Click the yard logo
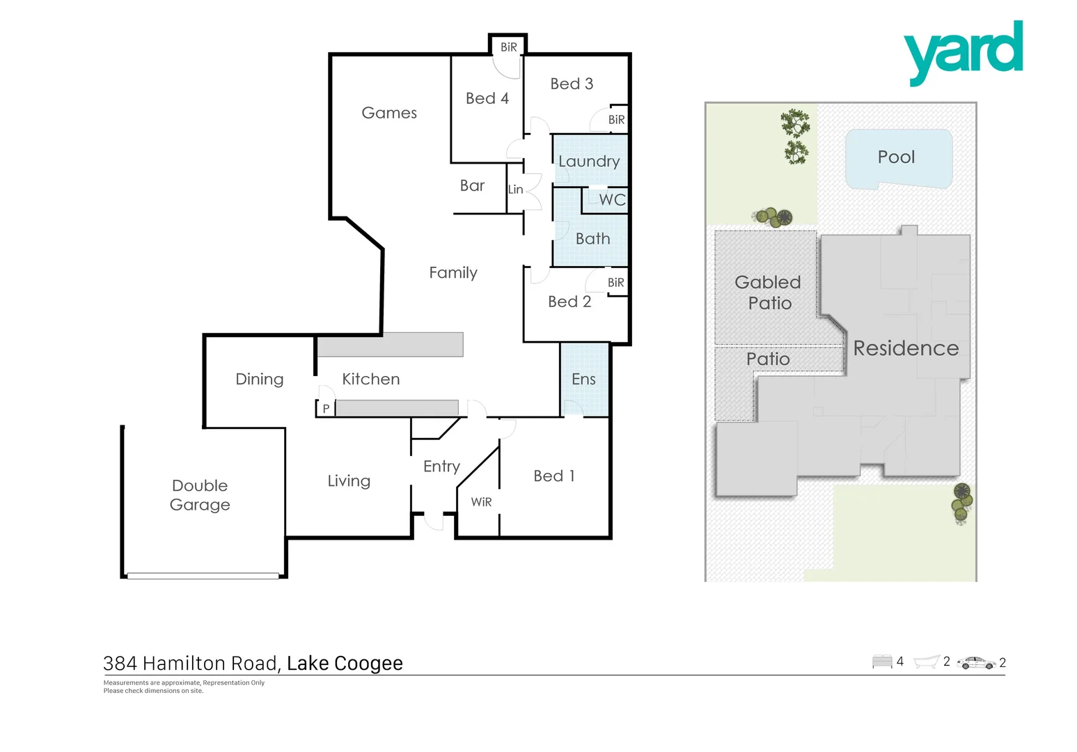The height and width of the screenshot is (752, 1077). pos(963,52)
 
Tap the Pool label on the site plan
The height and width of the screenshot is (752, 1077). pos(896,157)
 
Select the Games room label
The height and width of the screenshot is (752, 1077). pos(389,113)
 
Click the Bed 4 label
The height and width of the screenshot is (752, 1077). pos(487,99)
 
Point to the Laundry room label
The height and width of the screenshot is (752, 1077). pos(589,162)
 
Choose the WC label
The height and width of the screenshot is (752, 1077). pos(612,200)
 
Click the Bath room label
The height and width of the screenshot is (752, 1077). pos(592,239)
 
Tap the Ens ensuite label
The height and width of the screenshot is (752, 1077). pos(583,379)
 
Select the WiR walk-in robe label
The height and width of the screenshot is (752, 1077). pos(481,502)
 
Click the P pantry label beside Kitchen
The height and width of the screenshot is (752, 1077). pos(326,409)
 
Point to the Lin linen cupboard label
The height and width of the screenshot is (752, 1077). pos(515,189)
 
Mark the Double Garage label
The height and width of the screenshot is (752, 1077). pos(200,495)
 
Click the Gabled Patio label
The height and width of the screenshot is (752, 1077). pos(769,292)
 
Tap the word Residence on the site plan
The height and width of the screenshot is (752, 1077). pos(906,348)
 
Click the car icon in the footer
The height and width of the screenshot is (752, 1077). pos(976,663)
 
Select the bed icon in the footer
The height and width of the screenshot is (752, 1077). pos(882,661)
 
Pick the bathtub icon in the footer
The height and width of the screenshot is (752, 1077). pos(926,661)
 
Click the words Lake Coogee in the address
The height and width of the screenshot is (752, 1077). pos(345,664)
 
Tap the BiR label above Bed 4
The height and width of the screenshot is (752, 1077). pos(508,47)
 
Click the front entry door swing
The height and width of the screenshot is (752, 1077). pos(434,522)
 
